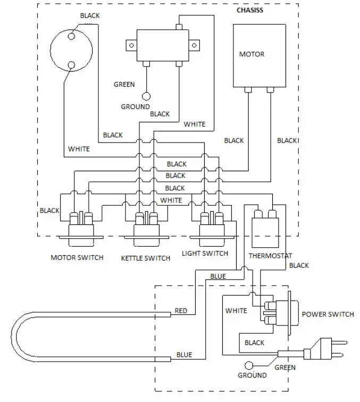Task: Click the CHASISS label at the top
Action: point(250,10)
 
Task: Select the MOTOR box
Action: point(259,56)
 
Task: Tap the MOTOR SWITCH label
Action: point(77,257)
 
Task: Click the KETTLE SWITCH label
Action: point(146,258)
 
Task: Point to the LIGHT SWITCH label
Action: point(205,253)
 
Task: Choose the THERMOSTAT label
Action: point(270,256)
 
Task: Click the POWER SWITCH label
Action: point(328,314)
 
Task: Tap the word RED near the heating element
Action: point(181,311)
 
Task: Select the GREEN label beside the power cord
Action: point(285,367)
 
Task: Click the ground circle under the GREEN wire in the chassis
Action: point(146,96)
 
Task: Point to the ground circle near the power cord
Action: point(249,365)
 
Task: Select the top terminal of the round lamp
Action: point(71,36)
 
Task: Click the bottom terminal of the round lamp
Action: point(71,65)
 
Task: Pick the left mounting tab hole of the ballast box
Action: point(131,45)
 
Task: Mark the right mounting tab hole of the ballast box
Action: point(194,45)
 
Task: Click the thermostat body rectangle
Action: point(265,233)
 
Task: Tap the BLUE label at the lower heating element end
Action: point(184,355)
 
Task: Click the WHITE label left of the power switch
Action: point(236,311)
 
